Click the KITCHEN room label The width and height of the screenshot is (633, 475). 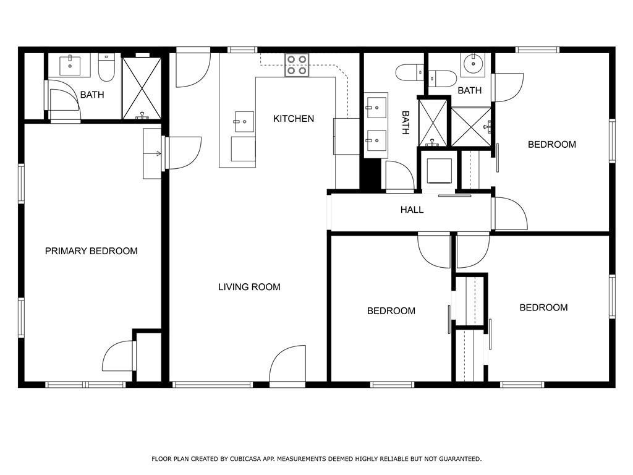coord(294,119)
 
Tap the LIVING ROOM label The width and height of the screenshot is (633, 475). coord(249,287)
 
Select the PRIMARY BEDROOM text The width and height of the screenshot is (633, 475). coord(91,251)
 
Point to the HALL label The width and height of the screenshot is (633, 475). coord(412,210)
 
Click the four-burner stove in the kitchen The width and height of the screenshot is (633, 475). coord(297,65)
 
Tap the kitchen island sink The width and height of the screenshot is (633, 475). coord(244,122)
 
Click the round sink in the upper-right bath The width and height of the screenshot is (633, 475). coord(473,64)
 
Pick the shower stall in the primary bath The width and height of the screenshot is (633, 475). coord(142,88)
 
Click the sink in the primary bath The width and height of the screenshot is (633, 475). coord(70,66)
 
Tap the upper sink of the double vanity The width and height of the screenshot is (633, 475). coord(376,108)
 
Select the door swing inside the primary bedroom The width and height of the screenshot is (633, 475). coord(118,356)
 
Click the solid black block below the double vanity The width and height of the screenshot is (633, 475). coord(370,174)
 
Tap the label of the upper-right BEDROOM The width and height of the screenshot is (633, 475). coord(552,145)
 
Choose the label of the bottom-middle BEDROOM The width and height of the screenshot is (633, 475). coord(391,311)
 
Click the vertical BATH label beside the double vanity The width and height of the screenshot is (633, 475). coord(406,123)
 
